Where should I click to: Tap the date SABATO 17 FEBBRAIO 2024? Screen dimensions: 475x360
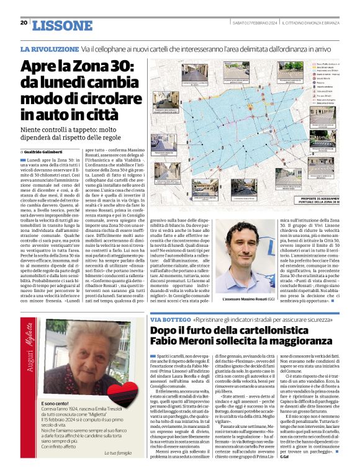(x=254, y=23)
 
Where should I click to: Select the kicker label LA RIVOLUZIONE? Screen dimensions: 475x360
(x=49, y=48)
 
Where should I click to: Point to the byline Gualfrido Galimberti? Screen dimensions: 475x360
(x=47, y=151)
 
